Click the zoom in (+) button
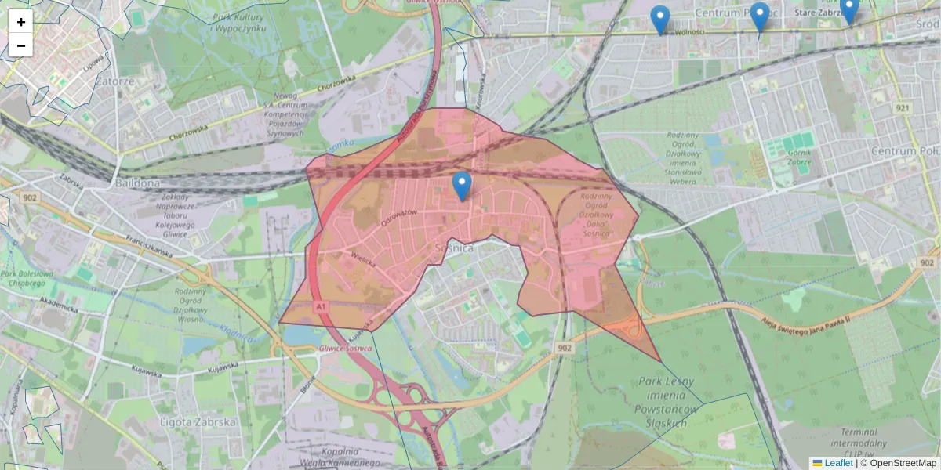21,22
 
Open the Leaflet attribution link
837,463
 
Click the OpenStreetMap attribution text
901,463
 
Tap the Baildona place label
137,183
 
